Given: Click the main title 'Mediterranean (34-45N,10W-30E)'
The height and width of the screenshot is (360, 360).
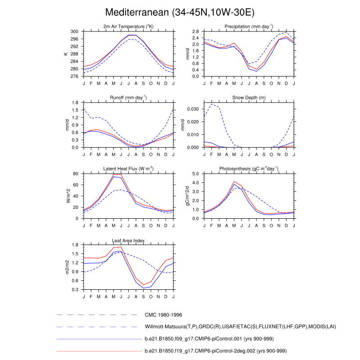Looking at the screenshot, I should (x=180, y=12).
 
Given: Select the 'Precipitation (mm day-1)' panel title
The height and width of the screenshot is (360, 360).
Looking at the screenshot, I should (x=249, y=27).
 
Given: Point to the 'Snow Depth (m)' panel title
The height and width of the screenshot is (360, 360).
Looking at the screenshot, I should (x=249, y=98).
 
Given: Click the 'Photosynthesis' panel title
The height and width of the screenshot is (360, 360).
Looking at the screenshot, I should (x=249, y=169).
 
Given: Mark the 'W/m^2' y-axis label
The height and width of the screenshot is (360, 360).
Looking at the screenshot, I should (x=68, y=196).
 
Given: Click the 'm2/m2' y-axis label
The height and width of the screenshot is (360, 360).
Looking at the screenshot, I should (x=68, y=267).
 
